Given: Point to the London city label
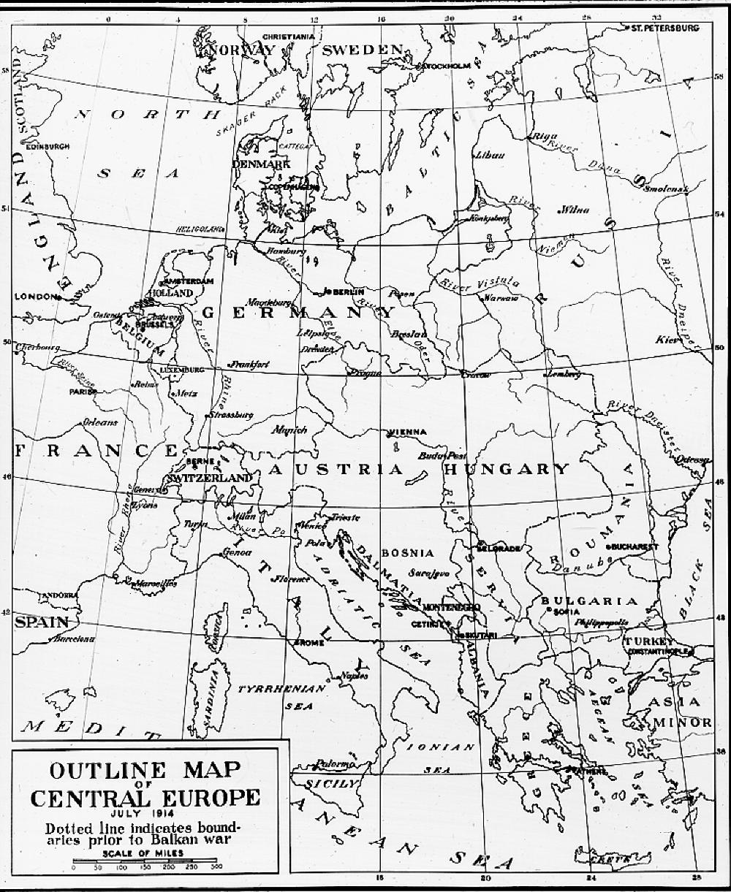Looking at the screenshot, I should (x=34, y=297).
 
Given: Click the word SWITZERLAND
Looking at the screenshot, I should (x=210, y=477).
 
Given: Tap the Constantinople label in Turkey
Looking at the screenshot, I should (x=656, y=650).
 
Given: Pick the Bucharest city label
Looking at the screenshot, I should (x=635, y=546).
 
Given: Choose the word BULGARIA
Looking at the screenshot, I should (x=589, y=601).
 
